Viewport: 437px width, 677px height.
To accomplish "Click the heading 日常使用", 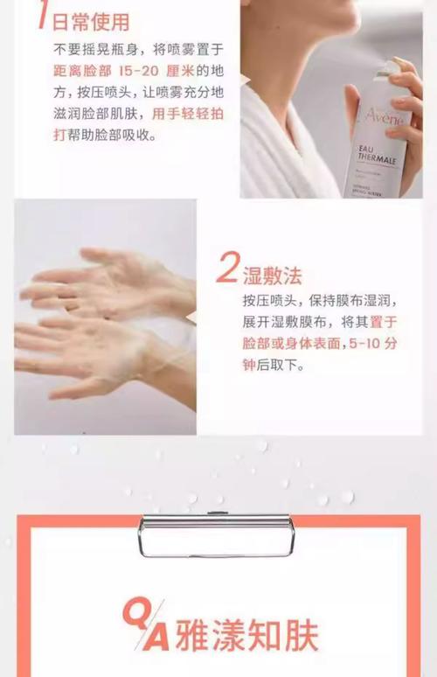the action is click(91, 22).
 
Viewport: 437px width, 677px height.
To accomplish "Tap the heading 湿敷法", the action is click(272, 276).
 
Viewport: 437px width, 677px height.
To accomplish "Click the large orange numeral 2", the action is click(227, 268).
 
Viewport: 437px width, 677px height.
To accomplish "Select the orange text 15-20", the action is click(138, 71).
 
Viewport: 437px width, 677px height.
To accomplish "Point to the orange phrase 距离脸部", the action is click(82, 71).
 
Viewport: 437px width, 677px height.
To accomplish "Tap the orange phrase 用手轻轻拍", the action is click(188, 114).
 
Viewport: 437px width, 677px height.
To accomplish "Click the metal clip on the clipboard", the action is click(217, 534).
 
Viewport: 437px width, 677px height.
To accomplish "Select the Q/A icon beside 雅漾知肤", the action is click(146, 625).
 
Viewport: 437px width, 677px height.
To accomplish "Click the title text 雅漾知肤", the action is click(247, 636).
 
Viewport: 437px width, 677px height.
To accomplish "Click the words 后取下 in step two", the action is click(278, 366).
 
